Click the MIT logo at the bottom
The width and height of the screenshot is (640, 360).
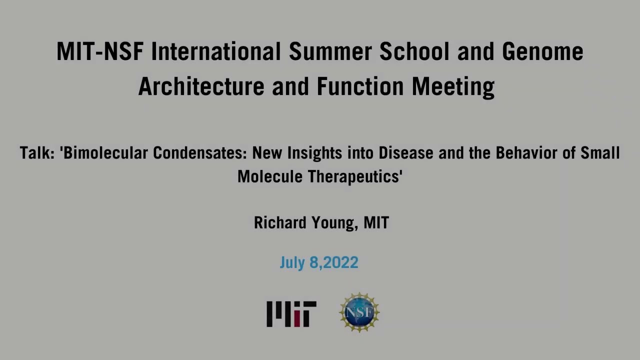pyautogui.click(x=291, y=314)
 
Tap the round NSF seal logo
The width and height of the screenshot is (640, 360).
pyautogui.click(x=359, y=312)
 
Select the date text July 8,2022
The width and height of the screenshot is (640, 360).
pyautogui.click(x=319, y=262)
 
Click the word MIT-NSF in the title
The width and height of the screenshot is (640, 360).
pyautogui.click(x=100, y=52)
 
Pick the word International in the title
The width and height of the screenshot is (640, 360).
pyautogui.click(x=216, y=52)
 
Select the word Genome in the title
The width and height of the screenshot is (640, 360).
pyautogui.click(x=542, y=52)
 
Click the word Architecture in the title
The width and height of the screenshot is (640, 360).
pyautogui.click(x=202, y=86)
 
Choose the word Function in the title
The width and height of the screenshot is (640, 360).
pyautogui.click(x=361, y=86)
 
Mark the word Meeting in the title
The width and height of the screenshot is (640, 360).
pyautogui.click(x=453, y=86)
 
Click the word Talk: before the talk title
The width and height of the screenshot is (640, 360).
pyautogui.click(x=37, y=153)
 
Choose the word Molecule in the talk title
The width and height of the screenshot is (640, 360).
pyautogui.click(x=270, y=176)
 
